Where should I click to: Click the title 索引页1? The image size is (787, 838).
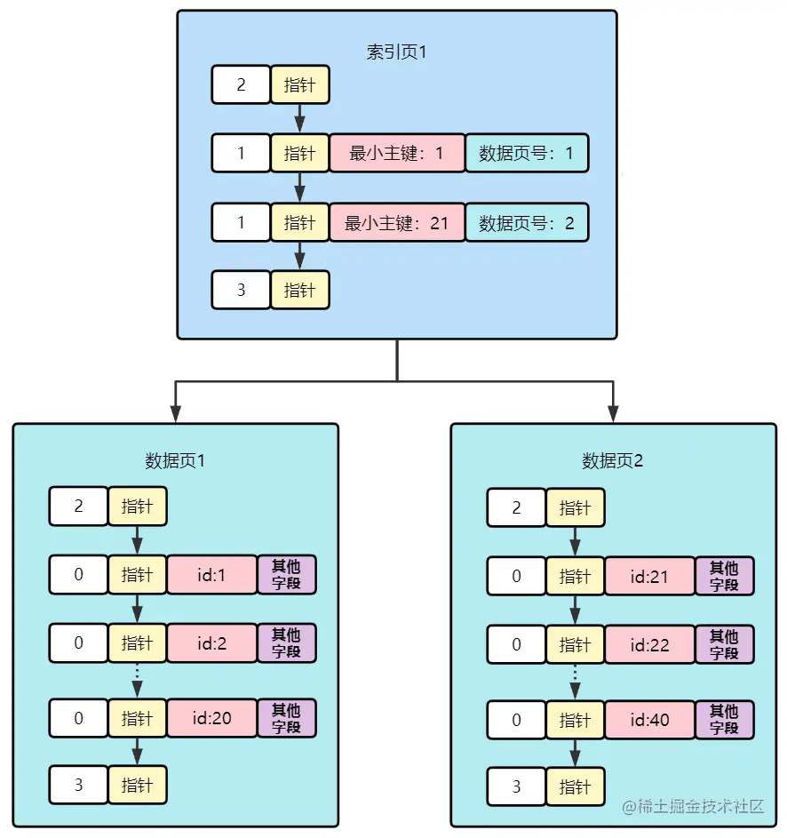pos(396,52)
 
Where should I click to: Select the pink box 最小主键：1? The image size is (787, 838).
pos(396,154)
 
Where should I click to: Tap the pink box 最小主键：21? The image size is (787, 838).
pos(396,222)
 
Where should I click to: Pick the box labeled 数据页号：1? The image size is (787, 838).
pos(526,154)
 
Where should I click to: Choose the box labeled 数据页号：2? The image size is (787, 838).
pos(526,222)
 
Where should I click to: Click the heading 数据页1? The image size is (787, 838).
pos(175,460)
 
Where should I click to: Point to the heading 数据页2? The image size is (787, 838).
pos(612,460)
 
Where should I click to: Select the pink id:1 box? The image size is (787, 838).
pos(211,575)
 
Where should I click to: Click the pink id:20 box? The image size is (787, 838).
pos(211,718)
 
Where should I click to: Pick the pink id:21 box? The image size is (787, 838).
pos(649,576)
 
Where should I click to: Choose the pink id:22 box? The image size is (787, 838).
pos(649,645)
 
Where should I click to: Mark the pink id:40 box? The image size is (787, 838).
pos(649,719)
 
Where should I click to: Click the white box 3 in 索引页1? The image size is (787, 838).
pos(241,290)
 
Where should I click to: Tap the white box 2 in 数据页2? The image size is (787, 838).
pos(516,507)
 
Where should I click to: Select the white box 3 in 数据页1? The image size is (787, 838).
pos(78,786)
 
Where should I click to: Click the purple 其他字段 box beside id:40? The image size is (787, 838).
pos(725,719)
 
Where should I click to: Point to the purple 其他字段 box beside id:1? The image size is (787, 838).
pos(286,575)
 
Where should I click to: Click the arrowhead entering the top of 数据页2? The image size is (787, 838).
pos(612,413)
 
